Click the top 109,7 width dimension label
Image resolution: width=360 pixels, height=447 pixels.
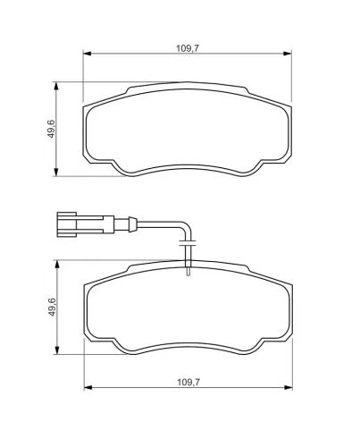(x=188, y=48)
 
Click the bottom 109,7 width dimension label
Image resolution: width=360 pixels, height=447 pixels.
(x=188, y=382)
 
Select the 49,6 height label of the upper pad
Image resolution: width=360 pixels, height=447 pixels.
(x=51, y=129)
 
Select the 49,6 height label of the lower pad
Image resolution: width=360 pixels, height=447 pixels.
(x=52, y=307)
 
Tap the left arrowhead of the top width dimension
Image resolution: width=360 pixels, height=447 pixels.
(x=87, y=54)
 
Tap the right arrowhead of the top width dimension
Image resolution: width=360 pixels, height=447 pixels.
(x=288, y=54)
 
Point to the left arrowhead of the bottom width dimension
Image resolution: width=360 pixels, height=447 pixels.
(x=88, y=388)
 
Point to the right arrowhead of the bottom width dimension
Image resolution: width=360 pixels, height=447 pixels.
(x=289, y=388)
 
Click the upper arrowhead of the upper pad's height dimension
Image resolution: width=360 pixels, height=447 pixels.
(x=56, y=86)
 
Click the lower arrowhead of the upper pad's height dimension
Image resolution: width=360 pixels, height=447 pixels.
(x=56, y=173)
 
